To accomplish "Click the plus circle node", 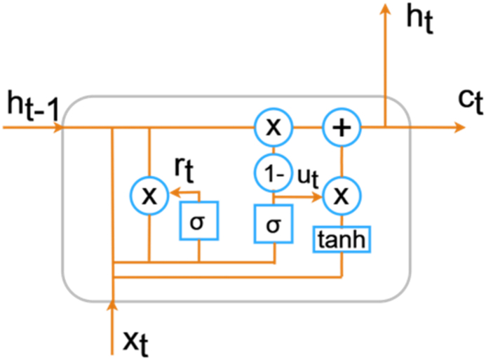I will (341, 128).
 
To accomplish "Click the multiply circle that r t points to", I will (149, 195).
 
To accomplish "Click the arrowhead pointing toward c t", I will (459, 128).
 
